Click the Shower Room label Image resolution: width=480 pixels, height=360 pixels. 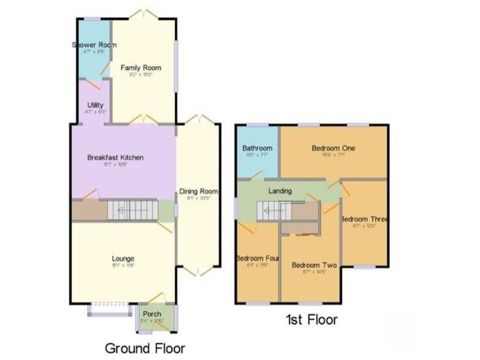pos(94,45)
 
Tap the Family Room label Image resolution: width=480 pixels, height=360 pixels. pos(141,67)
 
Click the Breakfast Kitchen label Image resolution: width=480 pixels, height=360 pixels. pos(115,157)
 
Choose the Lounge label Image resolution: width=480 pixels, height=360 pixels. pos(123,258)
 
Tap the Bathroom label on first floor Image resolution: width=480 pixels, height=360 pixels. pos(256,148)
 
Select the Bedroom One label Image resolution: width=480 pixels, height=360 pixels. pos(333,148)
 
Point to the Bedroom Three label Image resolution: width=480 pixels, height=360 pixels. pos(364,219)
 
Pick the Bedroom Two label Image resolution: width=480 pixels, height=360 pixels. pos(314,266)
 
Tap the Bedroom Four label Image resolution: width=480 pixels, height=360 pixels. pos(257,257)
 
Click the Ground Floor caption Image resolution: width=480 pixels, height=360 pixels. pos(144,347)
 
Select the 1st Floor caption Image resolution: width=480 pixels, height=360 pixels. pos(311,320)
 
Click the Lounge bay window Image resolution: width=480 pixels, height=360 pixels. pos(109,308)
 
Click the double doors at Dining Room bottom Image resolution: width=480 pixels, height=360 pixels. pos(198,271)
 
